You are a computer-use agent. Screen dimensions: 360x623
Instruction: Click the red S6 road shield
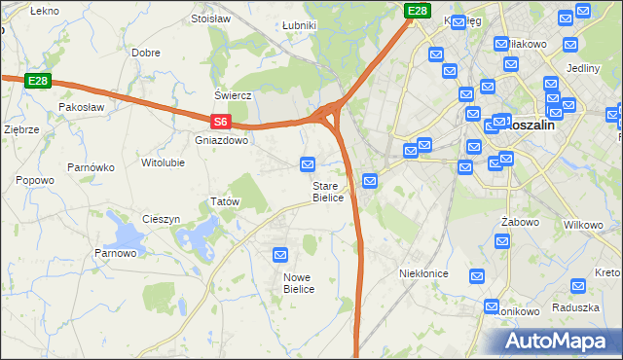tap(221, 122)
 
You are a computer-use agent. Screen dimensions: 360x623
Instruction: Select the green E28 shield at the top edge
tap(418, 11)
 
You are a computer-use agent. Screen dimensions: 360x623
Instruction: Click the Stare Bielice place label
tap(328, 192)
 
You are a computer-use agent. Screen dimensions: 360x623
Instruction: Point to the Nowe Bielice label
tap(298, 283)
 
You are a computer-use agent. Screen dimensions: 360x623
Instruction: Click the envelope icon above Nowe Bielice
tap(281, 255)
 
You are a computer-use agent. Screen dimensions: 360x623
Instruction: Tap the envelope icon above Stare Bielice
tap(309, 164)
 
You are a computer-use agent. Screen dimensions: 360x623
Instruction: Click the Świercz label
tap(234, 96)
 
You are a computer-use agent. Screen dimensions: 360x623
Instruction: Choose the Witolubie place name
tap(163, 162)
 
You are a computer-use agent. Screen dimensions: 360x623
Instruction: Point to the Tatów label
tap(225, 201)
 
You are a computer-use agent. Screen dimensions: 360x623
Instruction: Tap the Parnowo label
tap(115, 253)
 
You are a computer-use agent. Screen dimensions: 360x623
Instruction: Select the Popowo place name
tap(35, 180)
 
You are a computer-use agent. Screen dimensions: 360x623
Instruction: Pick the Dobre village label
tap(146, 53)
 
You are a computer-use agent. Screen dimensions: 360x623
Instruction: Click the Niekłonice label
tap(423, 273)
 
